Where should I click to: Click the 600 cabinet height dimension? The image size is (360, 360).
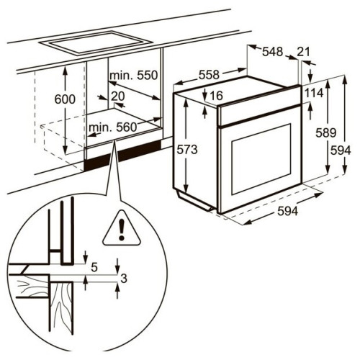(65, 99)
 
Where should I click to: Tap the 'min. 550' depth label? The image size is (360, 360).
(134, 76)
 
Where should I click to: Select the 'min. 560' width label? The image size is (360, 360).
(112, 127)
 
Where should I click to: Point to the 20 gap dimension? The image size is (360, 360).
(118, 96)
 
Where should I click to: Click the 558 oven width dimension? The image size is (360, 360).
(209, 75)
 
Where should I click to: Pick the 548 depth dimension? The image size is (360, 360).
(273, 52)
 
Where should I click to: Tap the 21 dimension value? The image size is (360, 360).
(304, 52)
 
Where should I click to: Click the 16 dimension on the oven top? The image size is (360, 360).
(217, 96)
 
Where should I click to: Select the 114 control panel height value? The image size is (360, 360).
(314, 93)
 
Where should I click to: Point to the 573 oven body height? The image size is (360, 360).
(187, 150)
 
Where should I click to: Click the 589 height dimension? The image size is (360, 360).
(326, 132)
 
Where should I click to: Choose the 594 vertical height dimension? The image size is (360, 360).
(341, 150)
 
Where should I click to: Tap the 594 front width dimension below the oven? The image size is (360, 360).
(287, 212)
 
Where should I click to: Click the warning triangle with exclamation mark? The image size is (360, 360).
(122, 229)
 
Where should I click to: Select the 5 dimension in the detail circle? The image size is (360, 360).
(94, 267)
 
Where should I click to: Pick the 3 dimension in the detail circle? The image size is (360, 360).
(124, 279)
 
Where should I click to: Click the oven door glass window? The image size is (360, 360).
(261, 159)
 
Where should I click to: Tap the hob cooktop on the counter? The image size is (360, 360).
(96, 43)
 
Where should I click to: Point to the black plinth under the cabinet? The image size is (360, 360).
(122, 155)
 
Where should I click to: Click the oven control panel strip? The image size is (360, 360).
(260, 105)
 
